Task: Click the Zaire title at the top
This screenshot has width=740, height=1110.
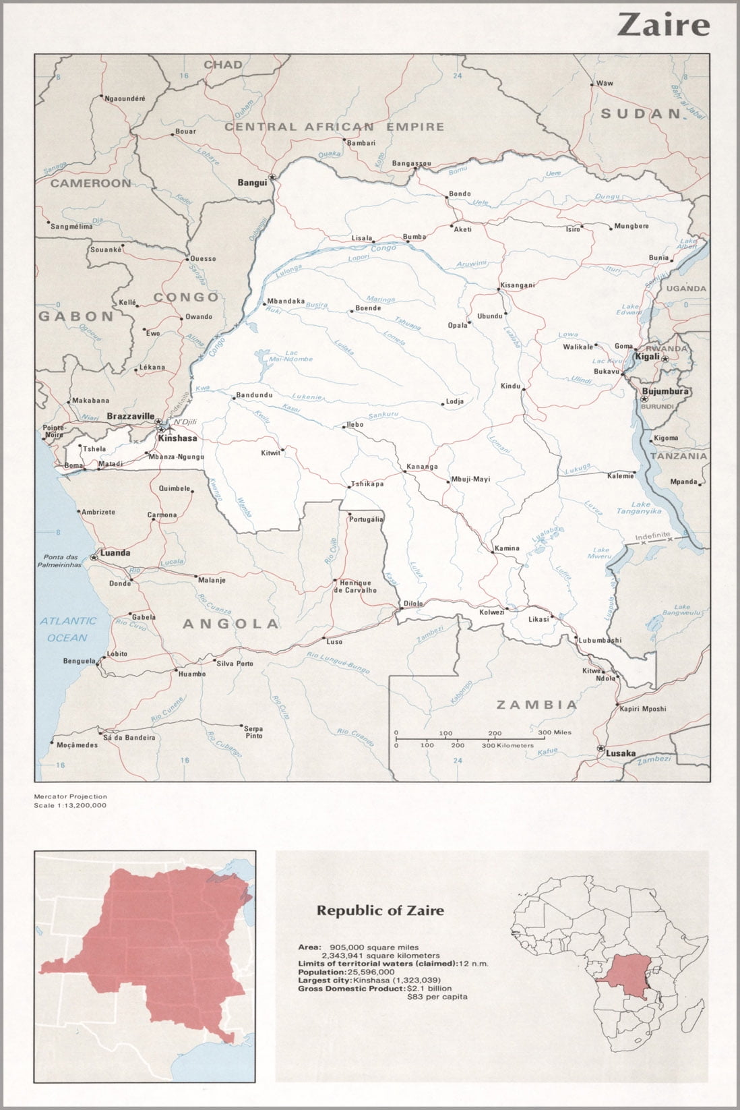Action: pyautogui.click(x=663, y=25)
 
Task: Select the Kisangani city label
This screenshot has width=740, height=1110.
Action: pyautogui.click(x=518, y=285)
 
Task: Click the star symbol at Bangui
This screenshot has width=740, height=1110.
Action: pyautogui.click(x=272, y=177)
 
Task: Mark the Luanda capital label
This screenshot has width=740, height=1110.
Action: pyautogui.click(x=115, y=553)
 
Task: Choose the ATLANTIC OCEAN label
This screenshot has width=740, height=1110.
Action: pyautogui.click(x=67, y=629)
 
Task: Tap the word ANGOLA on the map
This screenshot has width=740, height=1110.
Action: pyautogui.click(x=230, y=624)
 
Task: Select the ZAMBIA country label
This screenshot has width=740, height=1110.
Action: pyautogui.click(x=537, y=705)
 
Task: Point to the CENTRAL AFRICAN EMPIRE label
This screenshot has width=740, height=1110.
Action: pyautogui.click(x=334, y=127)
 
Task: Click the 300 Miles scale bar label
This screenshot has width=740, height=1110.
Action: pyautogui.click(x=555, y=732)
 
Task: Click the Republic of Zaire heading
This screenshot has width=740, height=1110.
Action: pyautogui.click(x=380, y=910)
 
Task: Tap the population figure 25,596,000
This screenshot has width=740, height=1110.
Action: pyautogui.click(x=370, y=972)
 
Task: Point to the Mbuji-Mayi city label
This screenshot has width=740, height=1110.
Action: pyautogui.click(x=471, y=479)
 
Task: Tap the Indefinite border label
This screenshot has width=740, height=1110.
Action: pyautogui.click(x=652, y=535)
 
